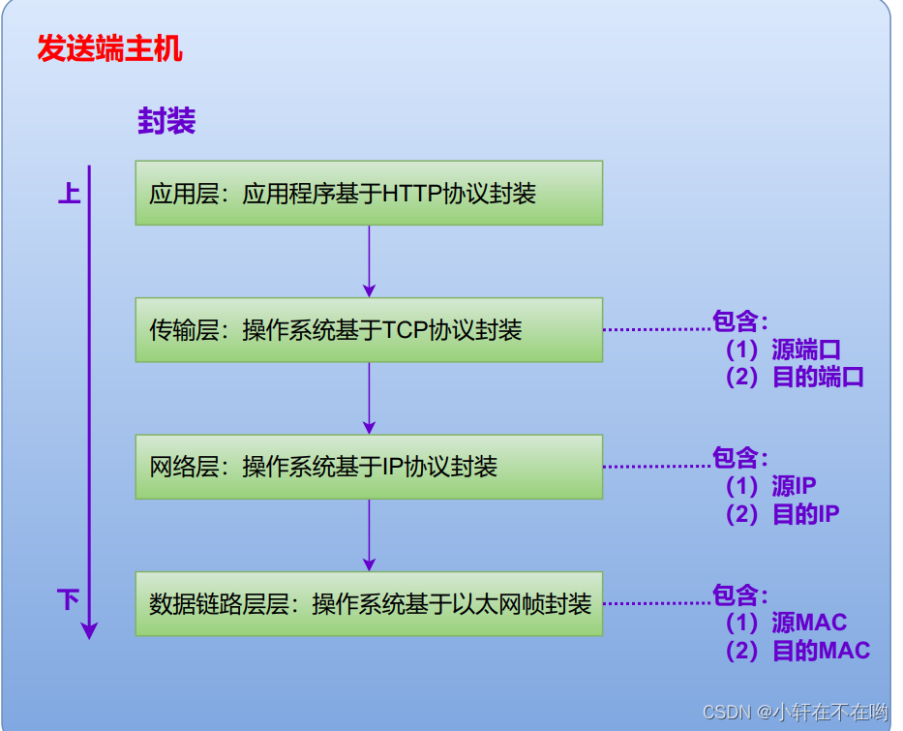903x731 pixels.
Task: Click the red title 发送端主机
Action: click(109, 49)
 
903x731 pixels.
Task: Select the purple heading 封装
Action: click(166, 121)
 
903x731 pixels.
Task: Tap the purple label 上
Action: click(69, 194)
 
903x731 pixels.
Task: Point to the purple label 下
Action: click(68, 600)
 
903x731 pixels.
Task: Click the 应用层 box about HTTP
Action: click(369, 193)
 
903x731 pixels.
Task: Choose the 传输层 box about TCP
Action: click(369, 330)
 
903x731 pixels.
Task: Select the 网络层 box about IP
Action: click(369, 467)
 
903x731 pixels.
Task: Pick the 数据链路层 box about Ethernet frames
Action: click(369, 604)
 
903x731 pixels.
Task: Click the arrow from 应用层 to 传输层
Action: click(369, 259)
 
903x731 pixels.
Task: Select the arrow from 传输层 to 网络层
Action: click(369, 397)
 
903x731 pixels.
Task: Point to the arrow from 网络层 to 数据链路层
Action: click(369, 533)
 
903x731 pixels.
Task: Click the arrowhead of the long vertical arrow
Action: click(89, 630)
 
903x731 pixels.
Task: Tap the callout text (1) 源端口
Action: click(783, 350)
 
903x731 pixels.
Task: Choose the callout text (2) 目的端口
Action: click(795, 378)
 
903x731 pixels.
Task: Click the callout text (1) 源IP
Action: click(770, 486)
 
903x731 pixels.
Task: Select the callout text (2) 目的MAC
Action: click(798, 651)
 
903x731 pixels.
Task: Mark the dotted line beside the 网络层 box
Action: click(657, 467)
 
